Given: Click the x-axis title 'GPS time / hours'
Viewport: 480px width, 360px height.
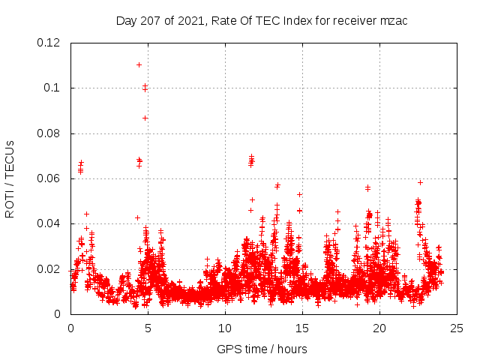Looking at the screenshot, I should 262,349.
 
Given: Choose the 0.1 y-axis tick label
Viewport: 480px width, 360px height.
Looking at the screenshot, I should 52,88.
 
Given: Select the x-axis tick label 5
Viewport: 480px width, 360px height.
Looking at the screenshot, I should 148,328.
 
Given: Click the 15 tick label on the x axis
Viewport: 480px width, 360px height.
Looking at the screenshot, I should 302,328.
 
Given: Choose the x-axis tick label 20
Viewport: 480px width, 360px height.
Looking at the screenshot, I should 379,328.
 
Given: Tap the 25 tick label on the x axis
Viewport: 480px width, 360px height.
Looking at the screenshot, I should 457,328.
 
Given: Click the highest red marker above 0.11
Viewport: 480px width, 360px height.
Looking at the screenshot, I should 139,64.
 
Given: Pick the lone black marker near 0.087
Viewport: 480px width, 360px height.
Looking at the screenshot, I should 145,118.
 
